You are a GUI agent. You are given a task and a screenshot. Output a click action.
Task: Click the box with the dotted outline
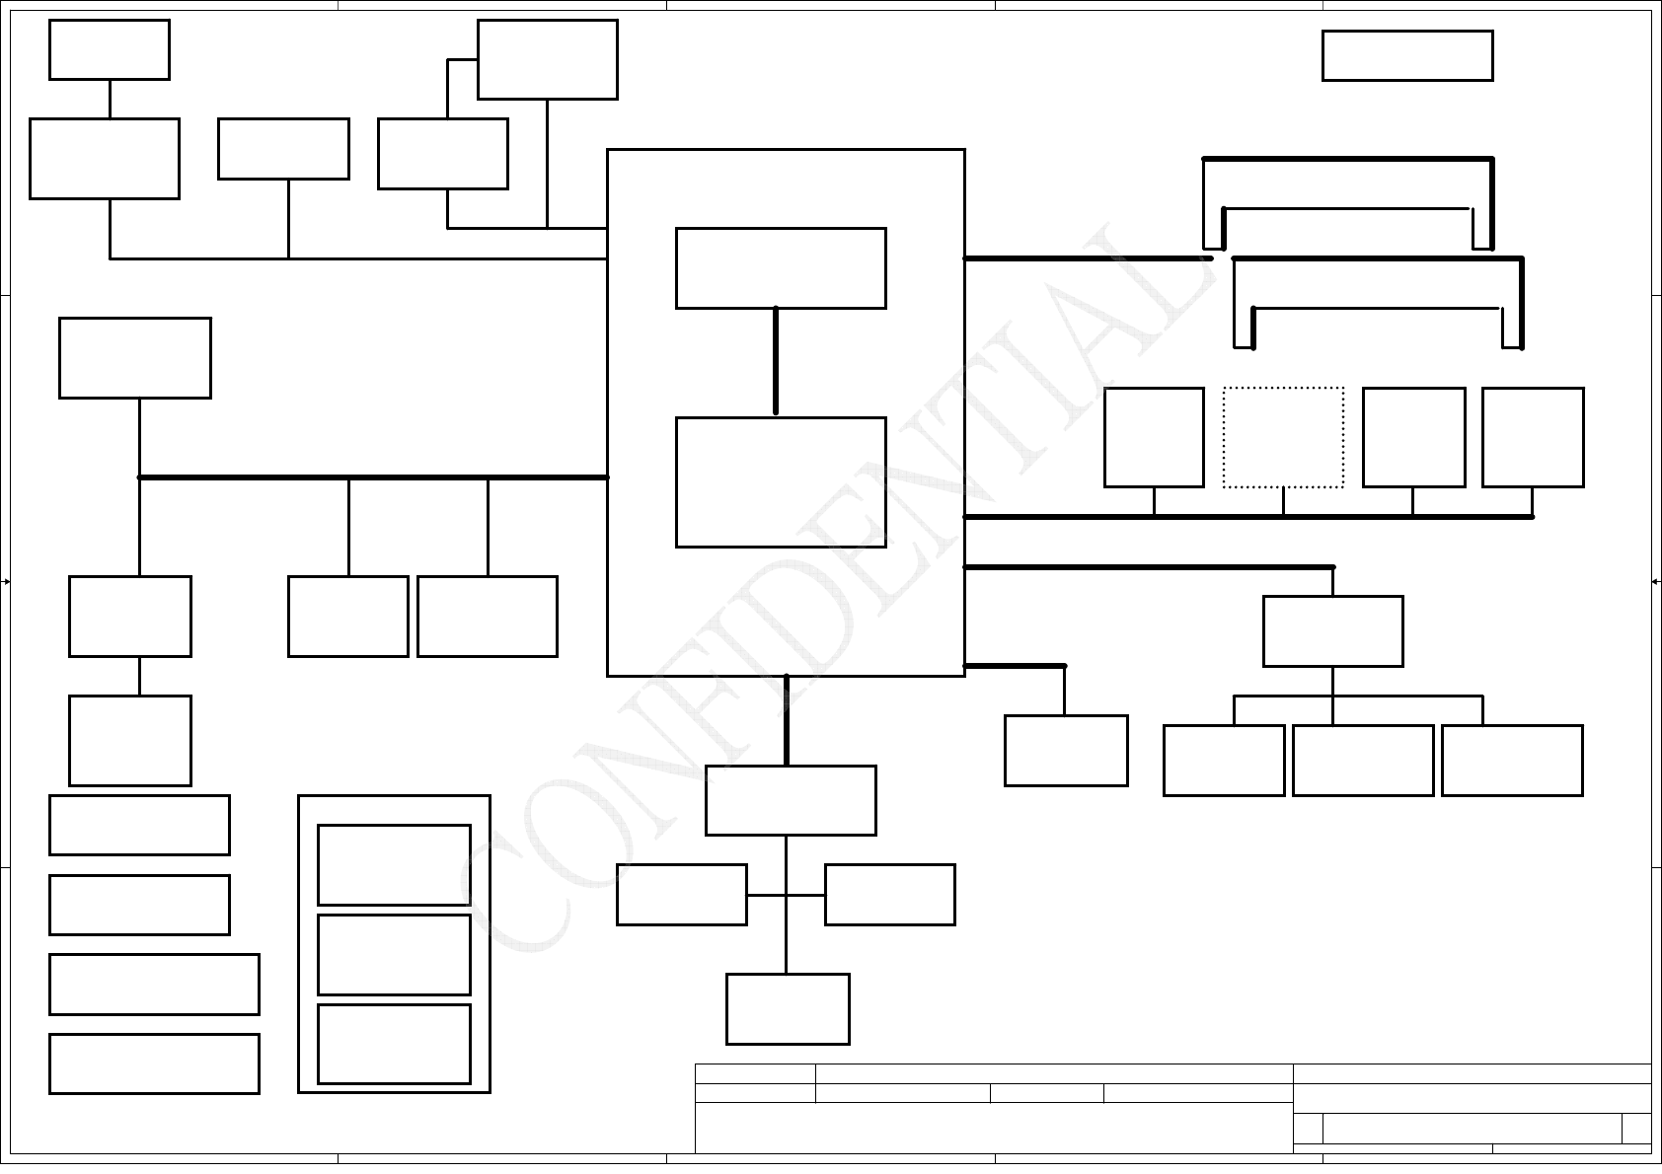(1283, 437)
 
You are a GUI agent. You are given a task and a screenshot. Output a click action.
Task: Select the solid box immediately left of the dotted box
(1154, 437)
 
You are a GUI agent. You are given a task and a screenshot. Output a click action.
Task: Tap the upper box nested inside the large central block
(781, 268)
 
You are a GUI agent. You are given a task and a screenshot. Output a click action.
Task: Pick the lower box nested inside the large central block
(781, 481)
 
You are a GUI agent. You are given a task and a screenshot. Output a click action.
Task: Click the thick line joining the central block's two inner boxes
(776, 361)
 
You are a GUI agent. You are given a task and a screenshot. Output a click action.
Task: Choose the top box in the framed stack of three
(394, 864)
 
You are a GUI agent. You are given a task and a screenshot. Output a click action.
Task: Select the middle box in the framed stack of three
(394, 954)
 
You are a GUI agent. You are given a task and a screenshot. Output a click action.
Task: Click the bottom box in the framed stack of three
(394, 1044)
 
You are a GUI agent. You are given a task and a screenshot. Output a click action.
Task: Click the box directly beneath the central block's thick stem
(791, 800)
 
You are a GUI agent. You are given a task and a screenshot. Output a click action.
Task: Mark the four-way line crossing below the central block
(786, 895)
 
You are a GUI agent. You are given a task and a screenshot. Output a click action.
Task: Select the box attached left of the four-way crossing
(681, 895)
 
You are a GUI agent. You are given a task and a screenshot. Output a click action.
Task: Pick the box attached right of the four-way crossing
(889, 895)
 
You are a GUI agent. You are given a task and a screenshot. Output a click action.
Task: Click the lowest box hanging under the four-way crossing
(788, 1008)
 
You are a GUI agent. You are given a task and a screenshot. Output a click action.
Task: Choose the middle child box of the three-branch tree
(1363, 760)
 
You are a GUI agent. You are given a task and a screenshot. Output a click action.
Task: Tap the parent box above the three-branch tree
(1332, 631)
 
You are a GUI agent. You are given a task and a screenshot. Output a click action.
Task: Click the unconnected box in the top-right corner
(1407, 55)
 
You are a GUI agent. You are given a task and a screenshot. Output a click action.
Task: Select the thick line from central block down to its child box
(787, 720)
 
